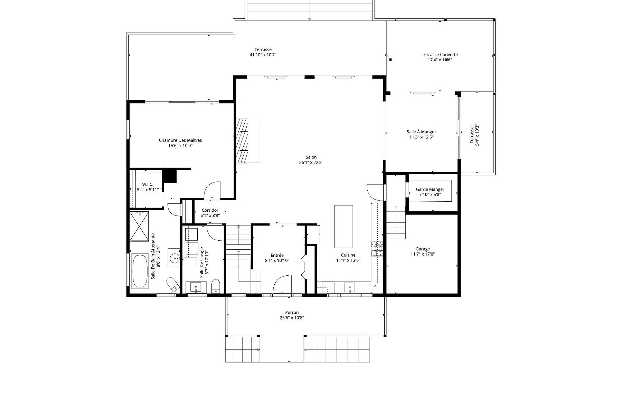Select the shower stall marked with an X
click(140, 227)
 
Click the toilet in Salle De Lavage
click(216, 286)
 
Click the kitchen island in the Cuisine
click(343, 226)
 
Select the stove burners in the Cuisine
click(377, 249)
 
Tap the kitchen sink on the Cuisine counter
click(350, 287)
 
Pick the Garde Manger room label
click(430, 189)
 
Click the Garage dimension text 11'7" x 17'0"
click(423, 254)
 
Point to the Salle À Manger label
click(421, 132)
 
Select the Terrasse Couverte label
click(440, 54)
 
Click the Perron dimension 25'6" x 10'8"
click(292, 318)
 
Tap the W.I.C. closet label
click(148, 184)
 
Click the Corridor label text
click(210, 210)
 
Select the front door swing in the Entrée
click(283, 285)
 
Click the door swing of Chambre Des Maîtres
click(212, 190)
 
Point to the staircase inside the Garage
click(396, 222)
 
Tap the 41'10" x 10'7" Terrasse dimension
click(263, 55)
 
